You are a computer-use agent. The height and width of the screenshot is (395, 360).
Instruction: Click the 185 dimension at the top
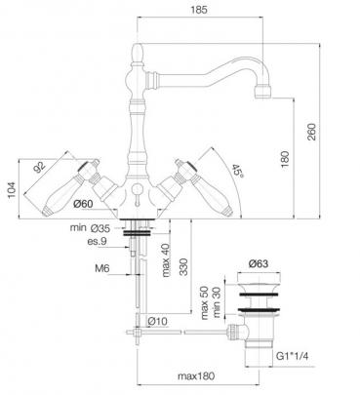199,10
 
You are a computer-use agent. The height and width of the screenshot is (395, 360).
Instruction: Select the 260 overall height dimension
311,132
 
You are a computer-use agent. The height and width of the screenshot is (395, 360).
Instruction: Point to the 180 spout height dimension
285,159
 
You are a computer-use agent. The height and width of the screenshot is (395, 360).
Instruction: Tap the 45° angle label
238,171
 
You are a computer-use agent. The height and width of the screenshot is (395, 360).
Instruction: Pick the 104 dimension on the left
12,190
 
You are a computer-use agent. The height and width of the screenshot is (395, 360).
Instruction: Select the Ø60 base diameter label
83,204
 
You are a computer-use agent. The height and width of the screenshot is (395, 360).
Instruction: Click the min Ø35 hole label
90,228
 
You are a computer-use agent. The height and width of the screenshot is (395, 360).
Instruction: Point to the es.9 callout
97,242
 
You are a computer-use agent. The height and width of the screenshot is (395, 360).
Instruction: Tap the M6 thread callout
102,268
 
